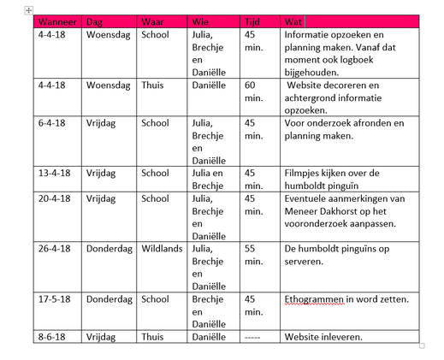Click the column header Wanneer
tap(57, 21)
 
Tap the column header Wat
tap(295, 21)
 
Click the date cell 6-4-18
tap(53, 123)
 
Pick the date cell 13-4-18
tap(56, 173)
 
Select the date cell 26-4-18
tap(56, 248)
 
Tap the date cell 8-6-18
tap(53, 337)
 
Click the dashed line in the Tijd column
tap(253, 337)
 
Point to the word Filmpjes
tap(306, 173)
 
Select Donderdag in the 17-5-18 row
tap(109, 299)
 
